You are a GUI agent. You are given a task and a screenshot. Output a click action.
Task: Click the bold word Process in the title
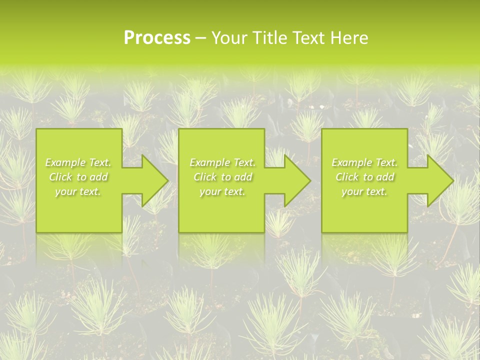click(x=157, y=38)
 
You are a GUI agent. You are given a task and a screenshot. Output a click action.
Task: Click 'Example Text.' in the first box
click(x=78, y=162)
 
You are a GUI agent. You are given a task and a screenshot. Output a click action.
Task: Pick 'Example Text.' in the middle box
click(x=222, y=162)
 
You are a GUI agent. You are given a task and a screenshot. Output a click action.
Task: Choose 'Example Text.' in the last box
click(x=364, y=162)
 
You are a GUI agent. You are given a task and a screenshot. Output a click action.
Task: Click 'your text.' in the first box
click(x=78, y=191)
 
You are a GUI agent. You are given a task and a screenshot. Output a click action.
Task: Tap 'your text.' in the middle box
click(x=222, y=191)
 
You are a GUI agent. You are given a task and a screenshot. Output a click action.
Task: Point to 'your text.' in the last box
click(x=364, y=191)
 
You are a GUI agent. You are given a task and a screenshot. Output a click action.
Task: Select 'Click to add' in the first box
click(x=78, y=177)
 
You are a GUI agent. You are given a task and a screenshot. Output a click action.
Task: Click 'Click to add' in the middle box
click(x=222, y=177)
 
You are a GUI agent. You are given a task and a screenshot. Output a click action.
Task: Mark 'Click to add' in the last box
click(x=364, y=177)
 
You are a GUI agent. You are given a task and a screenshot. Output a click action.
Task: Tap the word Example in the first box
click(x=65, y=162)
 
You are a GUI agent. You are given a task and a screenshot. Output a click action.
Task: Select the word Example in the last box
click(x=351, y=162)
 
